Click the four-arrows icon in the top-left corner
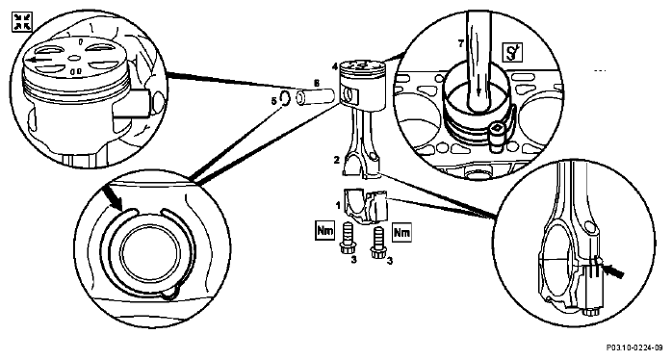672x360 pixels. [22, 22]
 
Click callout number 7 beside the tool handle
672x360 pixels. [460, 43]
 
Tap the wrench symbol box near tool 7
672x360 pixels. [513, 52]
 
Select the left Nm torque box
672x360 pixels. [324, 231]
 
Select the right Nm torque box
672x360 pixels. [401, 232]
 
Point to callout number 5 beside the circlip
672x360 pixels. [273, 102]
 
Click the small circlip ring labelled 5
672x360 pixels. [285, 98]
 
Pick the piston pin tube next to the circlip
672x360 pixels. [316, 97]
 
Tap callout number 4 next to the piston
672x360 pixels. [335, 66]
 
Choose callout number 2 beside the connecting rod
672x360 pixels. [337, 161]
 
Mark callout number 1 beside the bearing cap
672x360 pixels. [338, 205]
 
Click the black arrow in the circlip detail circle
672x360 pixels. [113, 195]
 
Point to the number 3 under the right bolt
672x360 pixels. [389, 260]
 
